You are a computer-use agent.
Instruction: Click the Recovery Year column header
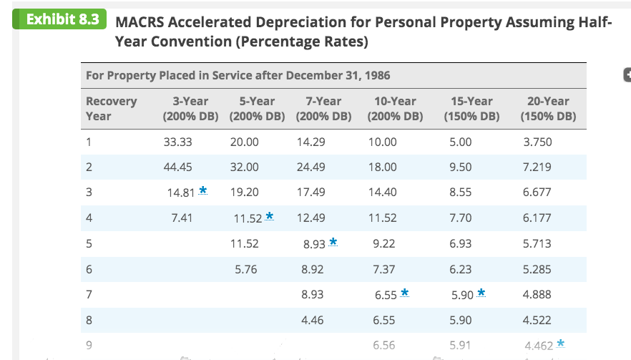click(x=111, y=108)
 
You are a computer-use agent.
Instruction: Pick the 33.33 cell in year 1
click(x=179, y=142)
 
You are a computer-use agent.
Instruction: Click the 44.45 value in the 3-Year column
click(x=179, y=167)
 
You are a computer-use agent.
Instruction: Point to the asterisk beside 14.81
click(x=203, y=190)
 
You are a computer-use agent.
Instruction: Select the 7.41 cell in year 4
click(x=182, y=218)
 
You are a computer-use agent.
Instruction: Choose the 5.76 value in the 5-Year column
click(x=246, y=269)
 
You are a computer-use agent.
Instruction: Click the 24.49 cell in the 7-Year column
click(x=310, y=167)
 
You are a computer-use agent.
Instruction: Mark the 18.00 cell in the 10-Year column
click(x=382, y=167)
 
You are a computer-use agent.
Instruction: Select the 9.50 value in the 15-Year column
click(x=461, y=167)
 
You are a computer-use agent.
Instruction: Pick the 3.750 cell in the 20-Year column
click(x=537, y=142)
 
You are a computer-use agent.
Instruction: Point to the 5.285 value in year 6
click(x=537, y=269)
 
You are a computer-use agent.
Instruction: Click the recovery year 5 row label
click(x=89, y=243)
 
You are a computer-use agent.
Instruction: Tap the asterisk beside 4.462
click(x=559, y=344)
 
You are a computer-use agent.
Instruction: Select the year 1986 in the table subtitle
click(x=376, y=75)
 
